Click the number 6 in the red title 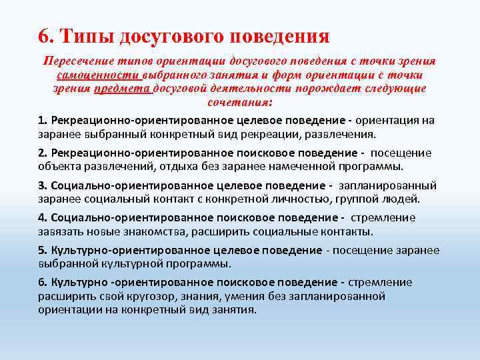point(44,35)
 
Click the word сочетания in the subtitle point(239,103)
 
